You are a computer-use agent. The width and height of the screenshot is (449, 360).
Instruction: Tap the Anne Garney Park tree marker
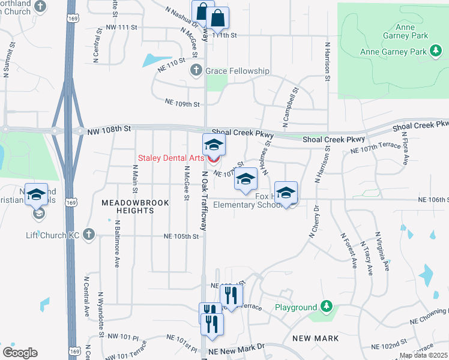pos(436,52)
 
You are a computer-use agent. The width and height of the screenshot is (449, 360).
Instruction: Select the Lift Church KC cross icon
pos(89,233)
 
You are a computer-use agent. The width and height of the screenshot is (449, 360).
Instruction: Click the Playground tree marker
pos(326,307)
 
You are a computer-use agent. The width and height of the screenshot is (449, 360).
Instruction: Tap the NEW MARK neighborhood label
pos(316,338)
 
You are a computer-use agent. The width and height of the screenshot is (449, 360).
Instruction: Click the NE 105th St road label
pos(181,236)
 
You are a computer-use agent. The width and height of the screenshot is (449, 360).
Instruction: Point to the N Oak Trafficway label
pos(205,202)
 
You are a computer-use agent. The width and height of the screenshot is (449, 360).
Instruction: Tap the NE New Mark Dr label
pos(236,347)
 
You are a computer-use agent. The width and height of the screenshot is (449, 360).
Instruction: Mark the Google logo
pos(20,353)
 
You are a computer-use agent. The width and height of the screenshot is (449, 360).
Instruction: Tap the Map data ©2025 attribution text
pos(424,355)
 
